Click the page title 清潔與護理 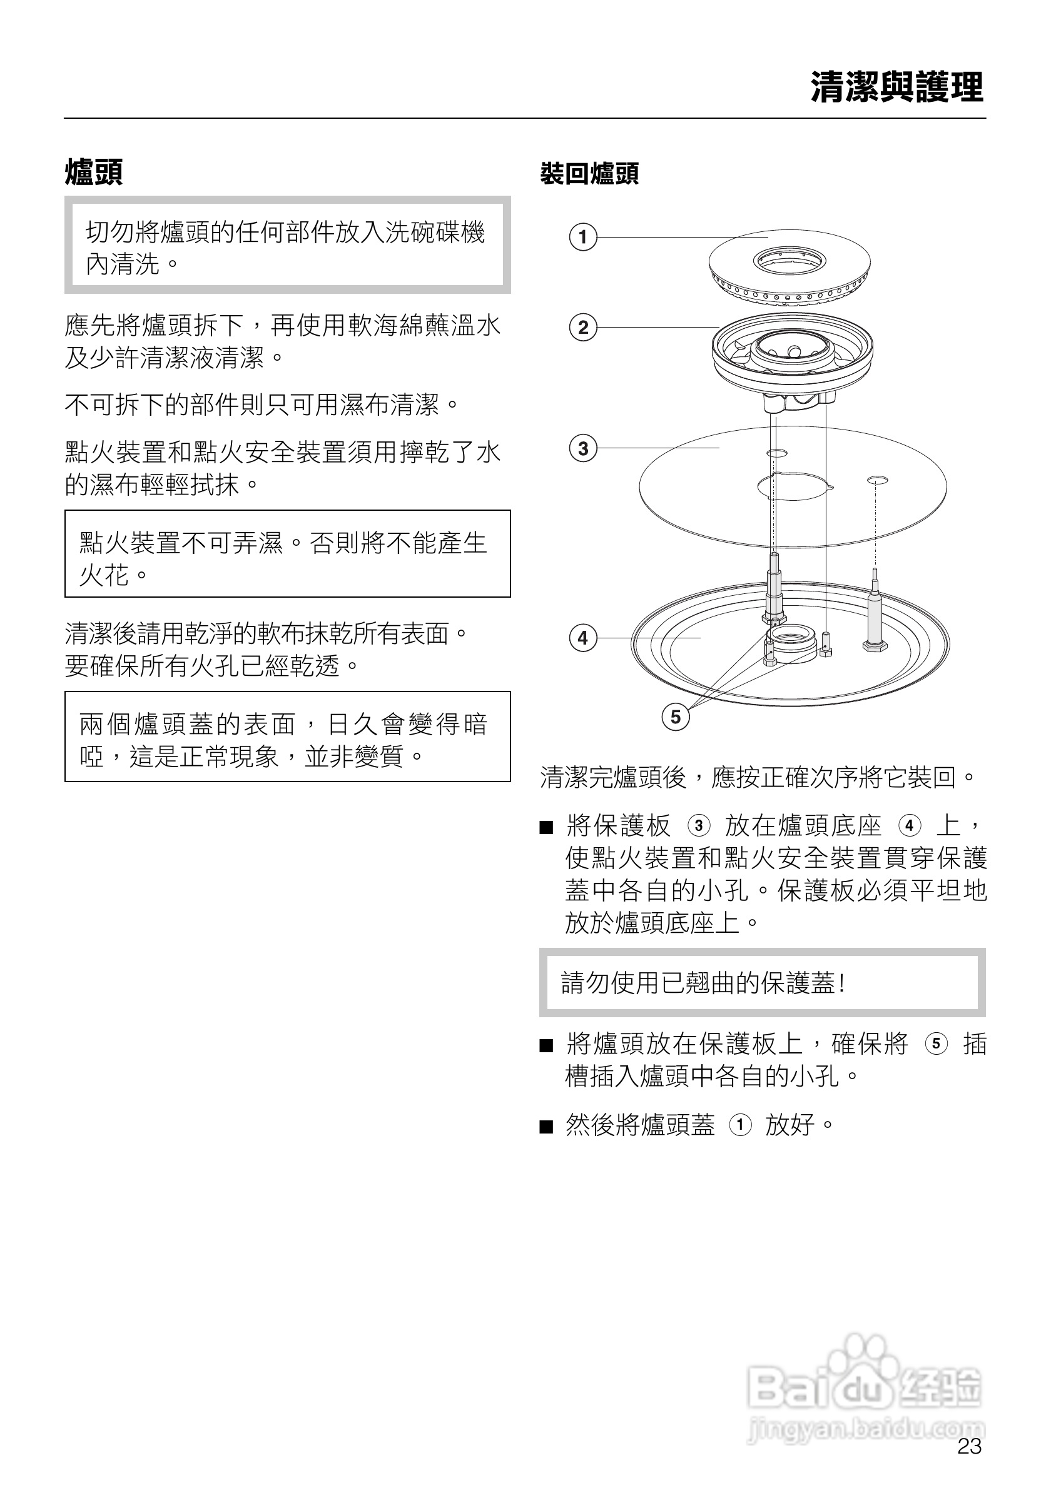[x=896, y=88]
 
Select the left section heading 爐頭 [x=94, y=173]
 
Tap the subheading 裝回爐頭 [x=589, y=174]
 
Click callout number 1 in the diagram [x=583, y=236]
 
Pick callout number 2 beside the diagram [x=583, y=327]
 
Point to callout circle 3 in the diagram [x=583, y=448]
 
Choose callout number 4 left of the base [x=583, y=638]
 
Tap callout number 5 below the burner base [x=676, y=716]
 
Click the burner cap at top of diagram [x=789, y=266]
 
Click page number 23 [x=969, y=1447]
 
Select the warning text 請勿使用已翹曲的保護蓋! [x=703, y=983]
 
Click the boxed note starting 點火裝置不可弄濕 [x=287, y=553]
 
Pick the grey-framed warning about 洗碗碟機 [x=287, y=245]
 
